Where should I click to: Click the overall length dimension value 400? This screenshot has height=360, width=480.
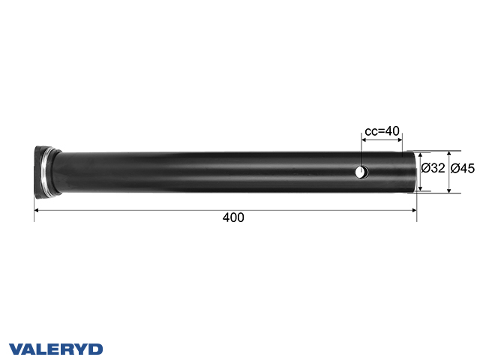[x=233, y=217]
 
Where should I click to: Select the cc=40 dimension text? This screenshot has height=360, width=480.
[x=382, y=131]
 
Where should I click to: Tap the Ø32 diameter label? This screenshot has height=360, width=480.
[x=434, y=169]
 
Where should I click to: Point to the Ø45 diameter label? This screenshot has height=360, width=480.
[x=463, y=169]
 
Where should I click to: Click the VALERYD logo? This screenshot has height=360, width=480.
[x=55, y=349]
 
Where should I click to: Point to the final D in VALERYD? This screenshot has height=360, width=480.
[x=97, y=349]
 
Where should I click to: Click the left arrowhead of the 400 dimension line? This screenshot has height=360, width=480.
[x=37, y=211]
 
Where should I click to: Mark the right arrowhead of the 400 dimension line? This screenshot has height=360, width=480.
[x=414, y=211]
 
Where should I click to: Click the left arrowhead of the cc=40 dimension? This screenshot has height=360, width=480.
[x=364, y=139]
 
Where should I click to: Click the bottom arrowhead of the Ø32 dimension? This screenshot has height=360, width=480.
[x=420, y=187]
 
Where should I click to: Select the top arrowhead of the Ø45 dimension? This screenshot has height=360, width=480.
[x=449, y=151]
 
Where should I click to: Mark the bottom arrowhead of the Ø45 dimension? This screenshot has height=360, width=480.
[x=449, y=190]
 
